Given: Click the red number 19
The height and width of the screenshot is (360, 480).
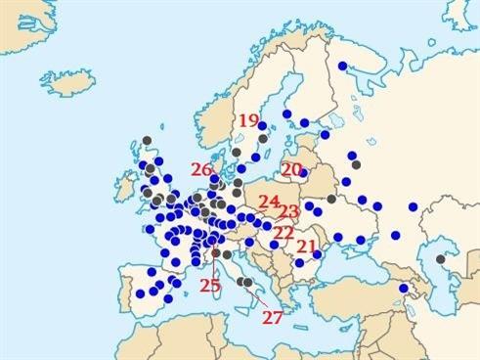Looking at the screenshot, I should pos(248,121).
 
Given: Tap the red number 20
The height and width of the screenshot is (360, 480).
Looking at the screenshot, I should pos(291,169).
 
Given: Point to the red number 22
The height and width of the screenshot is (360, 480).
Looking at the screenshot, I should pos(284,232).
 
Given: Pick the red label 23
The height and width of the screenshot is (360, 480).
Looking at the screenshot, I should pos(288,211).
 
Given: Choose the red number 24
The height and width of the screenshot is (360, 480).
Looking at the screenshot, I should pos(269,202).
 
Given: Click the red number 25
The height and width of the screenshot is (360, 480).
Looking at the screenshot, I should pos(210,286).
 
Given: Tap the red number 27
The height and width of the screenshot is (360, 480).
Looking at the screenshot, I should pos(273,316).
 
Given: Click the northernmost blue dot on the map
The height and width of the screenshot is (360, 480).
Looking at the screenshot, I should pos(342,67).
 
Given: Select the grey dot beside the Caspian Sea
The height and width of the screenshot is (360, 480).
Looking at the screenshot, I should pos(440,259).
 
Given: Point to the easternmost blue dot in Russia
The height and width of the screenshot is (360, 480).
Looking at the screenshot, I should pos(413,206).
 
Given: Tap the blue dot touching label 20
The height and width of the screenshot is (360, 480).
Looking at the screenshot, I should pos(303,174).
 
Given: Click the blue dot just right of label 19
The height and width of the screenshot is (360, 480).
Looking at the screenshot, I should pos(266,124).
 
